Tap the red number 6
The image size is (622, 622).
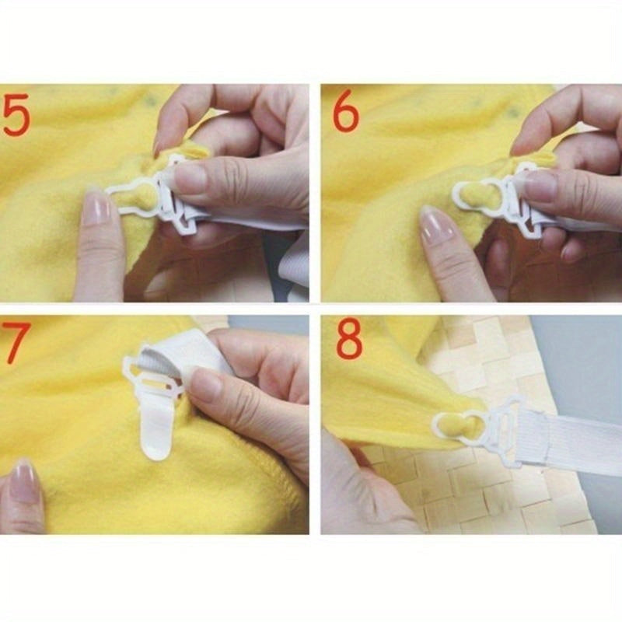(345, 114)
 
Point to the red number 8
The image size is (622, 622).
(348, 341)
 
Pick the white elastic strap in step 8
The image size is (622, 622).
(568, 435)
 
